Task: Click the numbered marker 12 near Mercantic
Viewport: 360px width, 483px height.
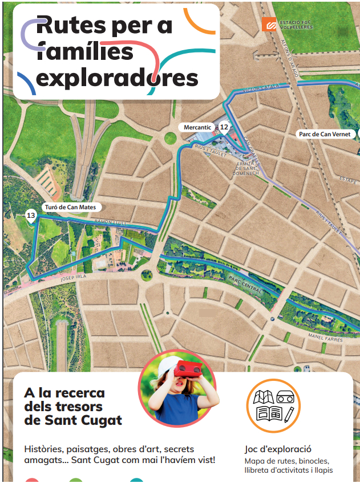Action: (224, 127)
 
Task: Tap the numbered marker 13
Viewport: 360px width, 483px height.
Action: (31, 215)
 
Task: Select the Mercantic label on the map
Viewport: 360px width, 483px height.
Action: (197, 127)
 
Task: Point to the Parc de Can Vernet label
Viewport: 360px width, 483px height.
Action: (323, 135)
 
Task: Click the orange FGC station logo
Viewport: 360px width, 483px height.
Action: (269, 24)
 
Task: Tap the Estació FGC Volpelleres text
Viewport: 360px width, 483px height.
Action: (296, 24)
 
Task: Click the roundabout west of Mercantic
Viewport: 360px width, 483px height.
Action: (170, 137)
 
